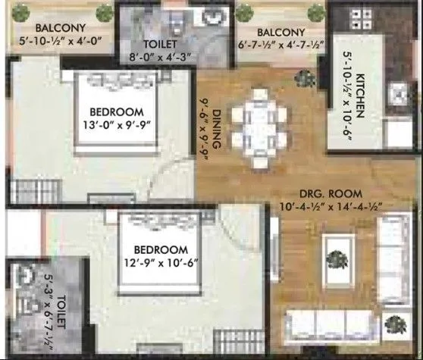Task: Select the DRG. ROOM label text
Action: pyautogui.click(x=331, y=193)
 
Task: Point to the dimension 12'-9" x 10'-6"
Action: pyautogui.click(x=161, y=264)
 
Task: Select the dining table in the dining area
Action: pyautogui.click(x=258, y=125)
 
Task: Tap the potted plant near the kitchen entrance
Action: pyautogui.click(x=306, y=77)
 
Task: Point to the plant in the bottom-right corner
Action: pyautogui.click(x=393, y=324)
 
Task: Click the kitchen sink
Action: pyautogui.click(x=396, y=95)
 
